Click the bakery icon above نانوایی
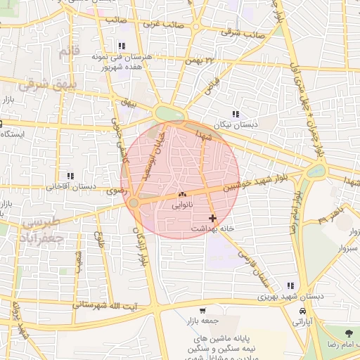(x=182, y=194)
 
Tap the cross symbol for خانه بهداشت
(x=212, y=219)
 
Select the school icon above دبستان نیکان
(x=236, y=113)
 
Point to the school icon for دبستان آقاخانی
(x=70, y=176)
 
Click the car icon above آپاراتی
(x=302, y=310)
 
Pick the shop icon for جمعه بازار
(x=202, y=310)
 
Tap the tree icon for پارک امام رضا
(x=349, y=332)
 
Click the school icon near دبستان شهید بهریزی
(x=290, y=285)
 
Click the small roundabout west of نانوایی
(x=133, y=203)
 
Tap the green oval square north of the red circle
(x=169, y=113)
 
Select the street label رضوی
(x=113, y=191)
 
